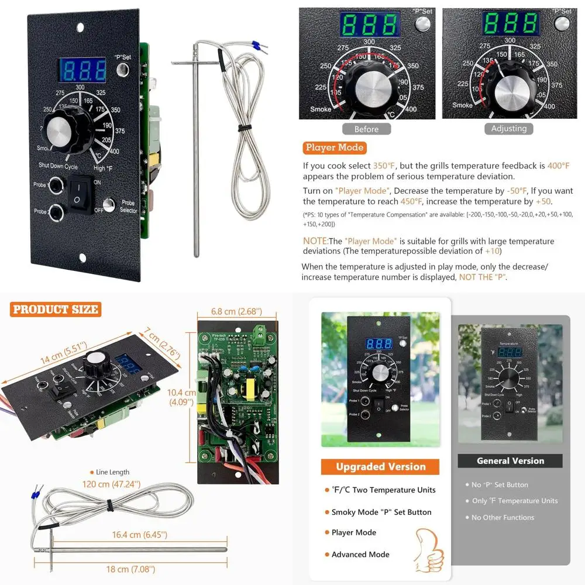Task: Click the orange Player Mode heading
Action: tap(335, 148)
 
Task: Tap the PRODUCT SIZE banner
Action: tap(56, 309)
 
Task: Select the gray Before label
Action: tap(366, 129)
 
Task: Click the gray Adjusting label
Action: tap(508, 129)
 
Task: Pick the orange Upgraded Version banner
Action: tap(380, 467)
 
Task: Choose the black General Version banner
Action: tap(510, 461)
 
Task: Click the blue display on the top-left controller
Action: tap(82, 70)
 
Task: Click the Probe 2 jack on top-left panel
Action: tap(56, 211)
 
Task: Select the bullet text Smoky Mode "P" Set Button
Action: tap(381, 512)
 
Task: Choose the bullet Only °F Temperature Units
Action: tap(515, 501)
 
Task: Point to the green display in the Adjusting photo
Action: tap(510, 24)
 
